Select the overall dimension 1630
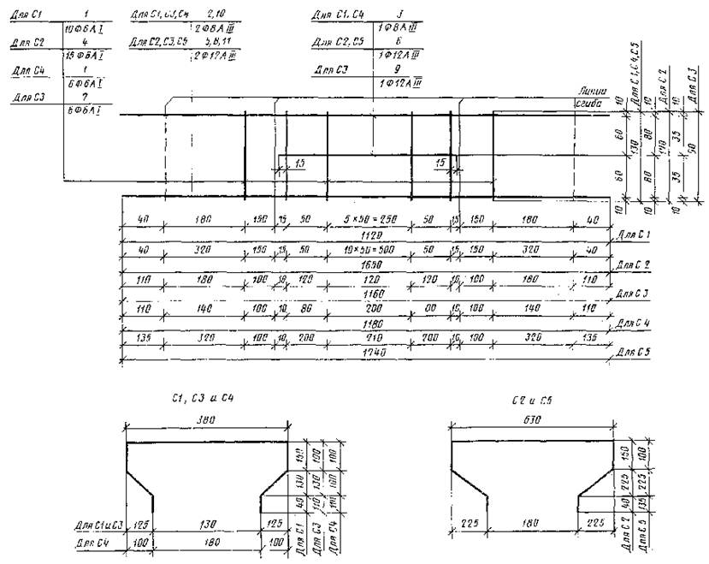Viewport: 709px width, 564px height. coord(369,264)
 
